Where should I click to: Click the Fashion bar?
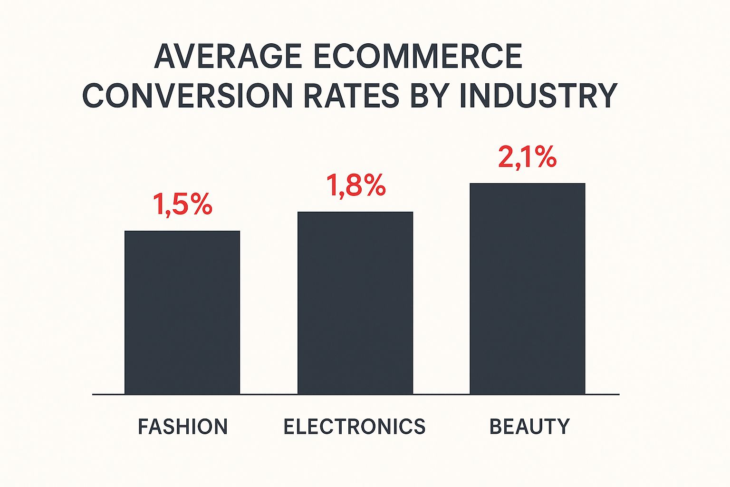point(182,312)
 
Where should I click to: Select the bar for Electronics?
point(355,303)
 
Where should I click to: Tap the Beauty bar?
point(528,289)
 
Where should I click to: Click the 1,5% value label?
point(182,205)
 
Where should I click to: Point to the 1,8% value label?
point(355,185)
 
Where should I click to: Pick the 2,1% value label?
point(527,157)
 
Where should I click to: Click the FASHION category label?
point(183,427)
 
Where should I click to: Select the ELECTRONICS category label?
point(355,427)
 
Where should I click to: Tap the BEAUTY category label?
point(529,427)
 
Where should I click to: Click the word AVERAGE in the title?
point(228,57)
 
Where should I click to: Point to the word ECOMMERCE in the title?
point(418,57)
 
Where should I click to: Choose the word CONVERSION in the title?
point(188,95)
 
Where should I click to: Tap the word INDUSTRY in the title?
point(538,95)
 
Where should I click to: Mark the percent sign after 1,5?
point(199,205)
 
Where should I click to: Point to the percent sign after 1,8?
point(373,185)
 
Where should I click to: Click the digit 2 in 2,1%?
point(506,157)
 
